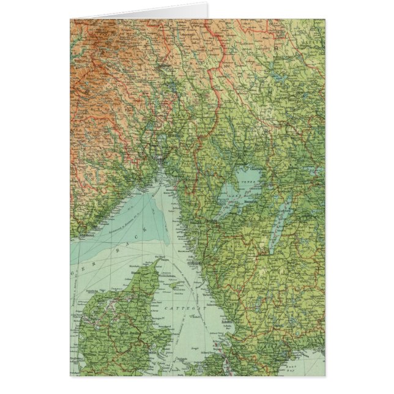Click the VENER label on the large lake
(x=248, y=182)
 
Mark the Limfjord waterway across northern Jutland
(x=110, y=300)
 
